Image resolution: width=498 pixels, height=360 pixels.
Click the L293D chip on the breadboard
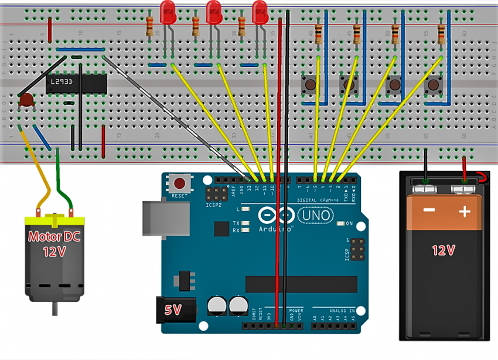pyautogui.click(x=76, y=83)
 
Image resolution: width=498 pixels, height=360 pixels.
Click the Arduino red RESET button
pyautogui.click(x=179, y=184)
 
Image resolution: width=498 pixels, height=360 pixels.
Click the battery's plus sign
pyautogui.click(x=465, y=211)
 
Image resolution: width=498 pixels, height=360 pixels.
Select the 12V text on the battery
pyautogui.click(x=444, y=250)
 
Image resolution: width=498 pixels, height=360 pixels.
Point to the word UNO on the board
pyautogui.click(x=315, y=217)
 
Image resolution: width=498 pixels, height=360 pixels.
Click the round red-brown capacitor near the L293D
pyautogui.click(x=25, y=101)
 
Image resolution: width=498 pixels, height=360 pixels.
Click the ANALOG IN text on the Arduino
pyautogui.click(x=336, y=310)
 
